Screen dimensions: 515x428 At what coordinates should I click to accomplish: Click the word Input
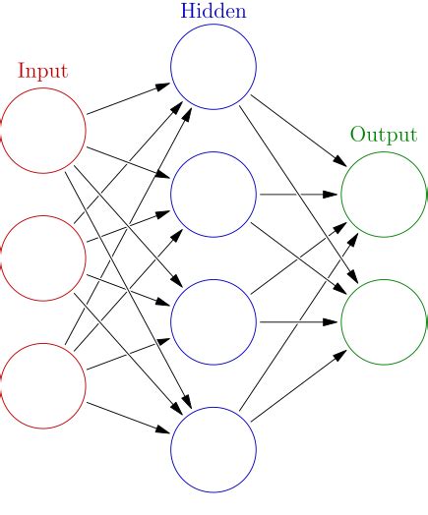42,71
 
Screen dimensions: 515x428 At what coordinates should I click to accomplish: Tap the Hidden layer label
214,12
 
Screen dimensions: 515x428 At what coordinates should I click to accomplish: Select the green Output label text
383,135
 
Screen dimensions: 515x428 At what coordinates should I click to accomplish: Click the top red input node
43,131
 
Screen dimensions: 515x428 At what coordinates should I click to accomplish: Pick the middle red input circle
43,258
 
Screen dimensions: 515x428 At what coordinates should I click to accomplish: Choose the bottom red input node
43,385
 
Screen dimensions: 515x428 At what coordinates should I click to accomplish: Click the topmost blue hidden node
214,67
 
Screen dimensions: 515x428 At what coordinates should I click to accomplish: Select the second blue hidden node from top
214,195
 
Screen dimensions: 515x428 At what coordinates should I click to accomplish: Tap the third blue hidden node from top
214,321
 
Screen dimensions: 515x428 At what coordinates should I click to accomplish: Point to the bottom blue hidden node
214,449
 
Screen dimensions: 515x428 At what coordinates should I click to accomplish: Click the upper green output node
384,195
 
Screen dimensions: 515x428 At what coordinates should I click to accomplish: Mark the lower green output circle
384,321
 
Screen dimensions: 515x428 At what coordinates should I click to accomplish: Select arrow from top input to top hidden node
128,99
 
